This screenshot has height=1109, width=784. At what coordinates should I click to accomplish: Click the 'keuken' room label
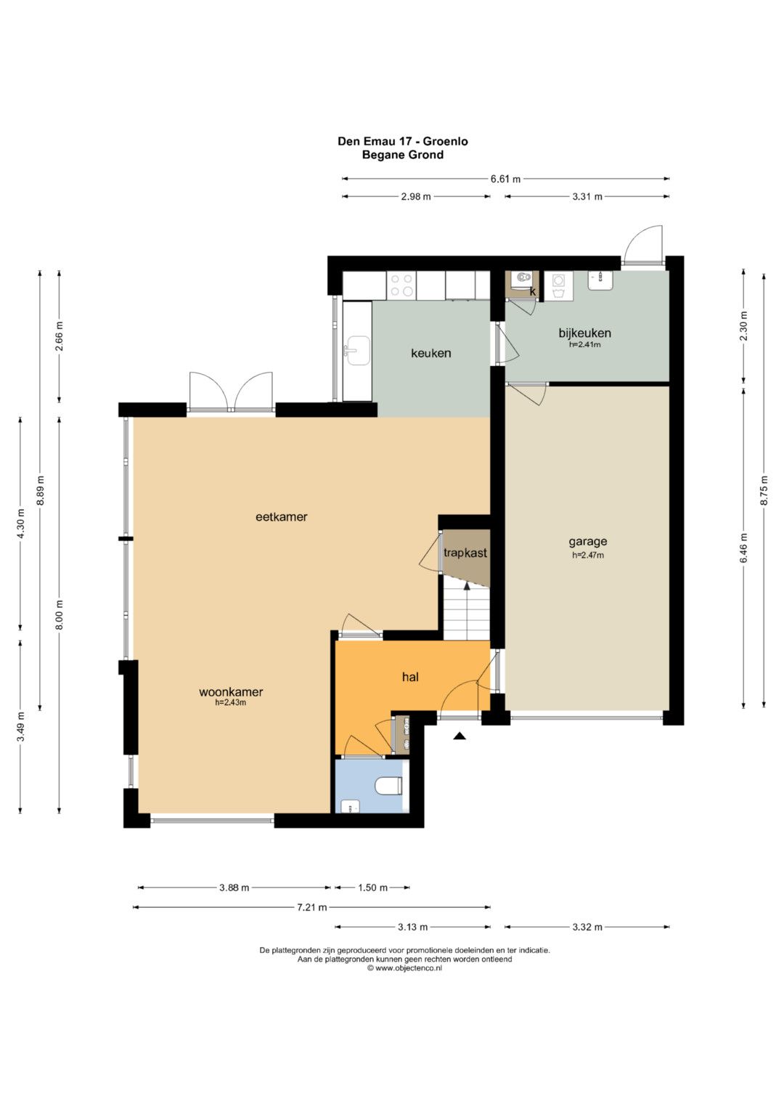pos(430,353)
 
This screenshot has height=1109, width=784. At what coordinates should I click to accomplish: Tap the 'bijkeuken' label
pos(584,333)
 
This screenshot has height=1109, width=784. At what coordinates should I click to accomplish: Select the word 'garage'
pos(587,541)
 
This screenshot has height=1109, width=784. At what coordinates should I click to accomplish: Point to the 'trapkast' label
pos(465,553)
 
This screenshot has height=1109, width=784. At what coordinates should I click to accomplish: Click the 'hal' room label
pos(410,677)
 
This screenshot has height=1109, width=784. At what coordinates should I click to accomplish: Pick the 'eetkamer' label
pos(281,517)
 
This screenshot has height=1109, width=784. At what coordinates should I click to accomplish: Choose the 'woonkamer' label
pos(231,691)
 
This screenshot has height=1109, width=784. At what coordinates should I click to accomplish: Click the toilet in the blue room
pos(388,785)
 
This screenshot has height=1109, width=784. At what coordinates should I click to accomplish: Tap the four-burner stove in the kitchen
pos(401,285)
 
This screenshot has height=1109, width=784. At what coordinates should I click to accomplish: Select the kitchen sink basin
pos(356,351)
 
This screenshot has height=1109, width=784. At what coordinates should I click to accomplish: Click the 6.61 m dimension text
pos(505,179)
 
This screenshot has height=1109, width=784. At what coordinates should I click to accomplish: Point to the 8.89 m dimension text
pos(40,490)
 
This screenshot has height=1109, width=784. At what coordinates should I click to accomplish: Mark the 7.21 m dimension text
pos(311,907)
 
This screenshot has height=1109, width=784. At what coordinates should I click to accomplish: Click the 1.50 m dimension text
pos(372,887)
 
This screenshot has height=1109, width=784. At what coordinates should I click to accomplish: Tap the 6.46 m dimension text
pos(743,549)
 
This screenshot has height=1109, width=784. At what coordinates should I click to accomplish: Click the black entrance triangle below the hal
pos(460,736)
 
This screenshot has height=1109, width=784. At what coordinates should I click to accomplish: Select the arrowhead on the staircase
pos(466,586)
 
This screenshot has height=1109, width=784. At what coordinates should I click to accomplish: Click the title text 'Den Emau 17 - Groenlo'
pos(402,141)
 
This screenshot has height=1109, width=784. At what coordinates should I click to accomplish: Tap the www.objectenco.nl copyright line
pos(404,968)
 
